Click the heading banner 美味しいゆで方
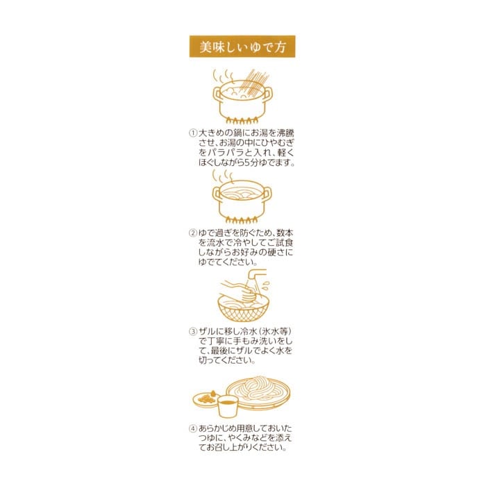tap(242, 47)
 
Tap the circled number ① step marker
tap(193, 133)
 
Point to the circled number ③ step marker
tap(193, 333)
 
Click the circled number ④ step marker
tap(193, 428)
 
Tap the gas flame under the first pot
tap(243, 121)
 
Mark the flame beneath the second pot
tap(242, 220)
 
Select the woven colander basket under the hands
tap(243, 311)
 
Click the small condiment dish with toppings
tap(206, 399)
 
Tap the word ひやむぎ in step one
tap(281, 143)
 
